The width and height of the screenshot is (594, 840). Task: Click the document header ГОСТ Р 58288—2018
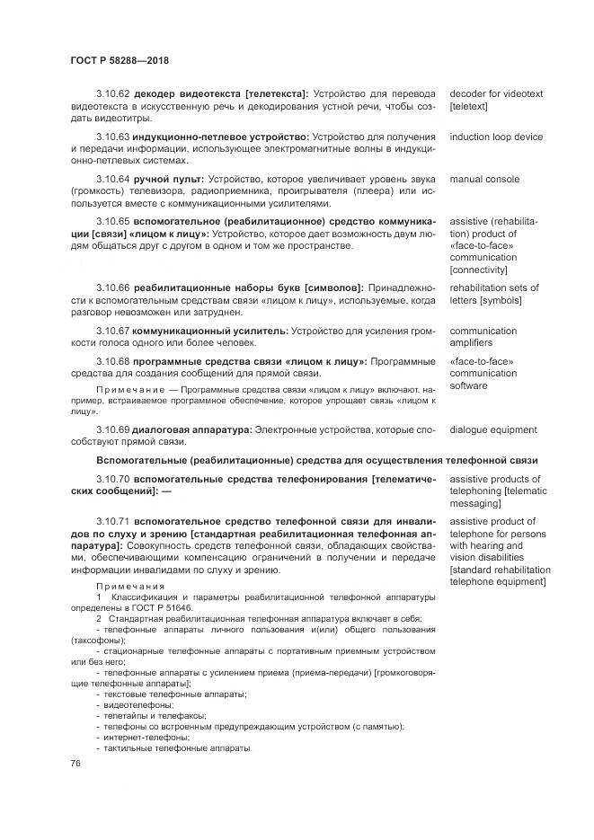120,60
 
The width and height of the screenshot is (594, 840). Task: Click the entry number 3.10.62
113,93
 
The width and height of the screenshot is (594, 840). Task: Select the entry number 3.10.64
113,180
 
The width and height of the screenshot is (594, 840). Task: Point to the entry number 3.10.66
113,288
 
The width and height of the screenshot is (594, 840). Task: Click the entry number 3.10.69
113,429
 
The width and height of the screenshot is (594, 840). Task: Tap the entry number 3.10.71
113,521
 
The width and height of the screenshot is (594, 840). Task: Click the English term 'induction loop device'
496,137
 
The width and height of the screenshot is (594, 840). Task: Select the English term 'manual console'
484,180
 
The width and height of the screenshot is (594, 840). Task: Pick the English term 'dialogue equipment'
493,429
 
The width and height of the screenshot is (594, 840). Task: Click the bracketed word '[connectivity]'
479,270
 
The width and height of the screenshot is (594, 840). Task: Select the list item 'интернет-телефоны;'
145,737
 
